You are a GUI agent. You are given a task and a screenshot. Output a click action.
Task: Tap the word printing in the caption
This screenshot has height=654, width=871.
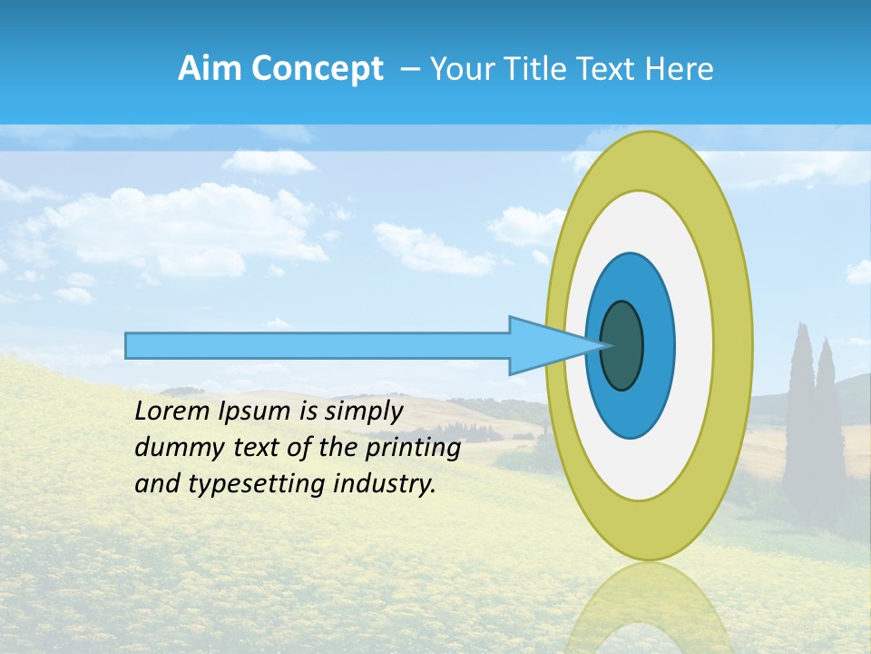coord(413,449)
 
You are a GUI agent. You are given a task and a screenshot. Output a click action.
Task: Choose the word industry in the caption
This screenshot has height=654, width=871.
coord(385,484)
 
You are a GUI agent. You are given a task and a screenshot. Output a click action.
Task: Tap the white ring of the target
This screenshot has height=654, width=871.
coord(693,345)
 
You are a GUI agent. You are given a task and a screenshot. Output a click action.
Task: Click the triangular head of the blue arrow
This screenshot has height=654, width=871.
coord(544,345)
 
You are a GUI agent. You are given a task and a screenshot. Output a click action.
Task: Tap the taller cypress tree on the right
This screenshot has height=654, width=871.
coord(800,409)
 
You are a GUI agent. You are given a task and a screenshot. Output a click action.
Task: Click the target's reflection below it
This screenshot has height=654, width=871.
coord(648,609)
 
